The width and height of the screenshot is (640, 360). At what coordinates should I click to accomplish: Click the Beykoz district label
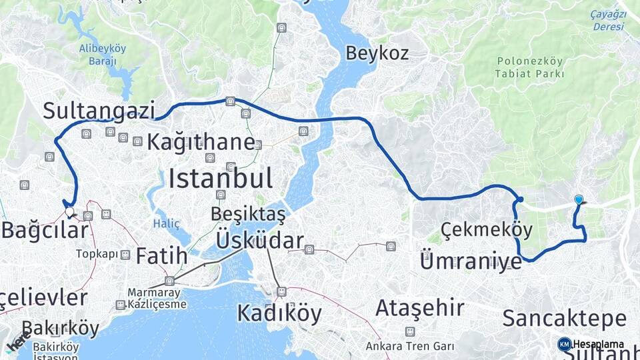pyautogui.click(x=377, y=53)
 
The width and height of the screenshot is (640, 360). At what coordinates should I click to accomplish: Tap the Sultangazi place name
pyautogui.click(x=99, y=110)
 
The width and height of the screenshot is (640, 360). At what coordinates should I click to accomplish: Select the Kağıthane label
pyautogui.click(x=201, y=142)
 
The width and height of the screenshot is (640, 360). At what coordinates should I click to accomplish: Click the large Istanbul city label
pyautogui.click(x=220, y=179)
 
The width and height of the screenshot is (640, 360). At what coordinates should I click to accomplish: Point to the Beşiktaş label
pyautogui.click(x=247, y=214)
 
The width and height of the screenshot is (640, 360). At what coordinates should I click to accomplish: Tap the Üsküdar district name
pyautogui.click(x=260, y=241)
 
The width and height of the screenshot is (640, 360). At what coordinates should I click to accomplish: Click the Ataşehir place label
pyautogui.click(x=419, y=308)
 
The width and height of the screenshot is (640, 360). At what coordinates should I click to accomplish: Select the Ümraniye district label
pyautogui.click(x=471, y=261)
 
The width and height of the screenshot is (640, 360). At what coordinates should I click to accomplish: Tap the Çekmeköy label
pyautogui.click(x=486, y=231)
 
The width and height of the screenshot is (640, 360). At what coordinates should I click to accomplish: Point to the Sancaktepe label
pyautogui.click(x=564, y=318)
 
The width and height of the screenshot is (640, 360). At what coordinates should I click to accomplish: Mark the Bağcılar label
pyautogui.click(x=45, y=231)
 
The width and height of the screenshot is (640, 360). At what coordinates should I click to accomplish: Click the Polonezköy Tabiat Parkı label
pyautogui.click(x=530, y=67)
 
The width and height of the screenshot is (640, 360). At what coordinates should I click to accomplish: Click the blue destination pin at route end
pyautogui.click(x=579, y=199)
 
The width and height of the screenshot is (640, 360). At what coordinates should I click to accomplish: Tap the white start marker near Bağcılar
pyautogui.click(x=69, y=211)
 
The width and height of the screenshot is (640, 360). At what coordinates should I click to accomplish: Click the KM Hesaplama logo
pyautogui.click(x=592, y=344)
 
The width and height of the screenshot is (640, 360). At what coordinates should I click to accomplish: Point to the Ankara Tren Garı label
pyautogui.click(x=409, y=346)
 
